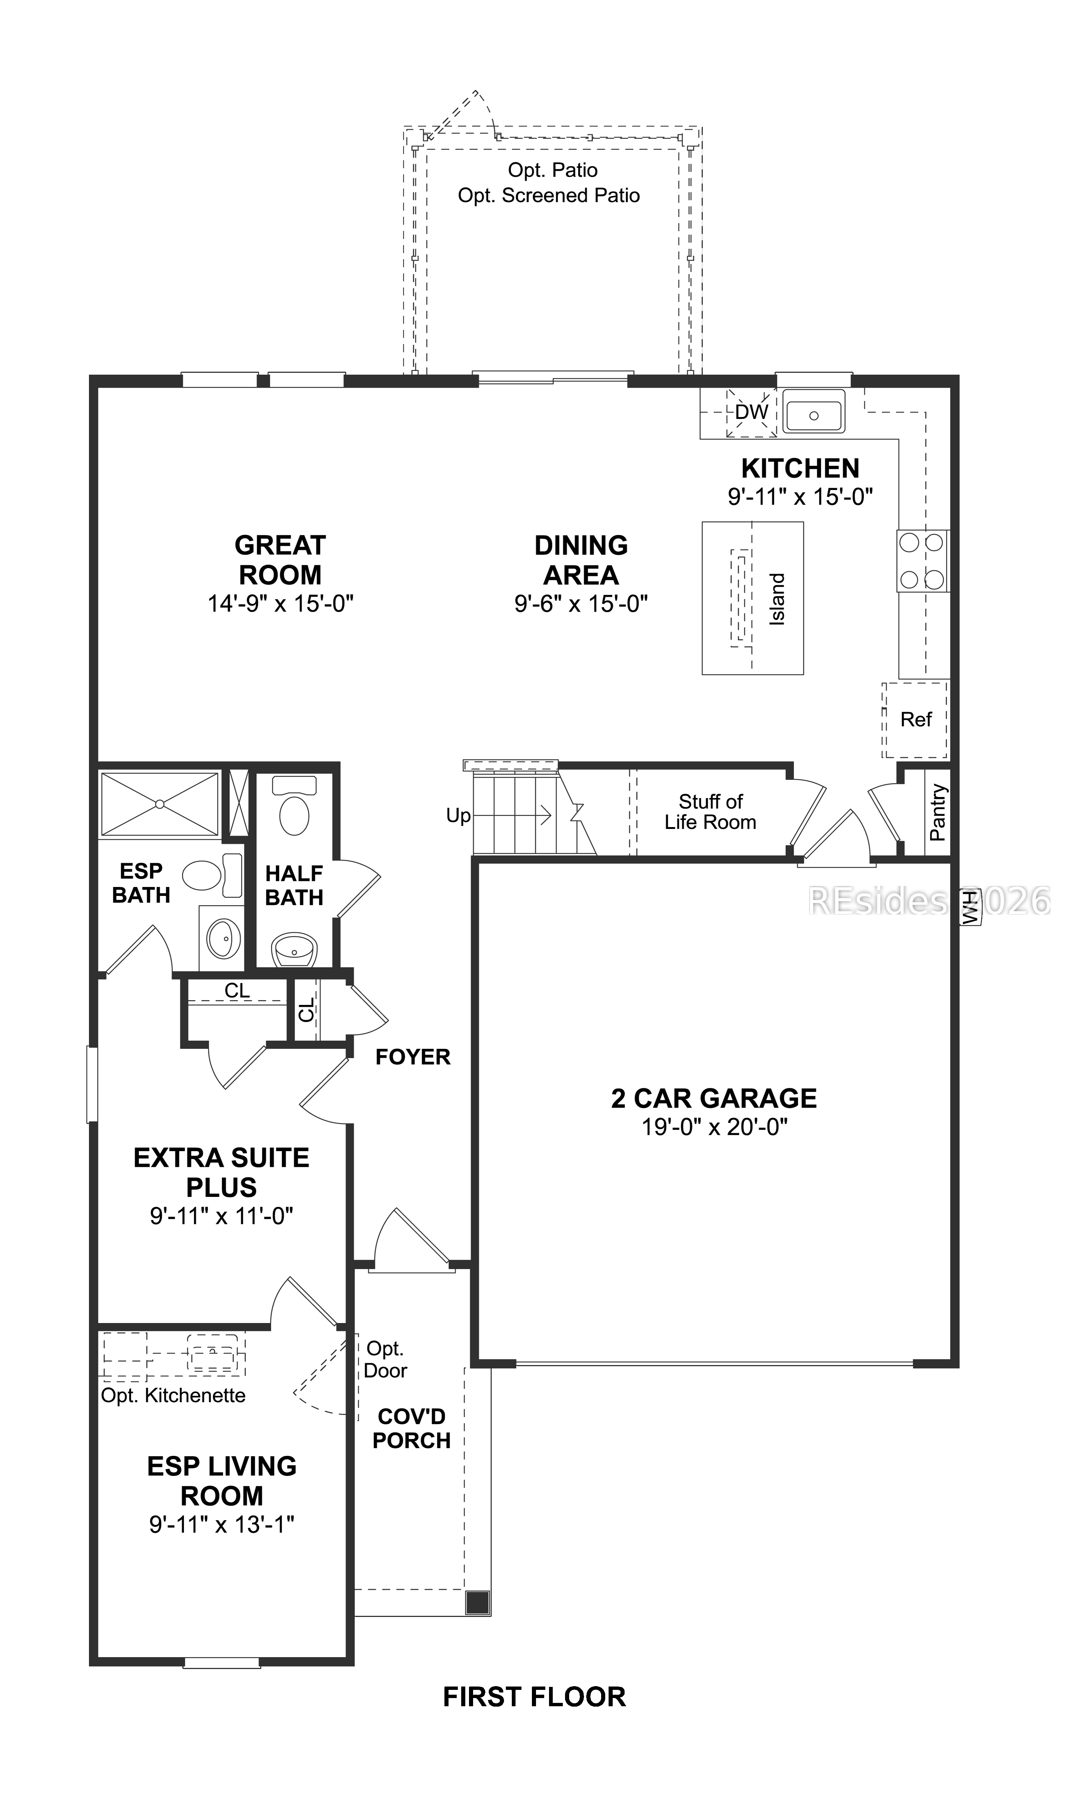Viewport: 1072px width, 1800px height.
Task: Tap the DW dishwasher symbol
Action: point(751,412)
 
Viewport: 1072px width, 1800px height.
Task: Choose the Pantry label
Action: point(938,813)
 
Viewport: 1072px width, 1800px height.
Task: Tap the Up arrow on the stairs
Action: point(513,815)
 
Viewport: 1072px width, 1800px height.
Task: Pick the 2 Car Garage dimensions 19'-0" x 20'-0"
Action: point(714,1126)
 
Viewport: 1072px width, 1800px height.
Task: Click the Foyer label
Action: point(412,1057)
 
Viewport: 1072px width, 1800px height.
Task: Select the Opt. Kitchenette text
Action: point(173,1395)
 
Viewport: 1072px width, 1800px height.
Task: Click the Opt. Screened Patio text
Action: point(549,196)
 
